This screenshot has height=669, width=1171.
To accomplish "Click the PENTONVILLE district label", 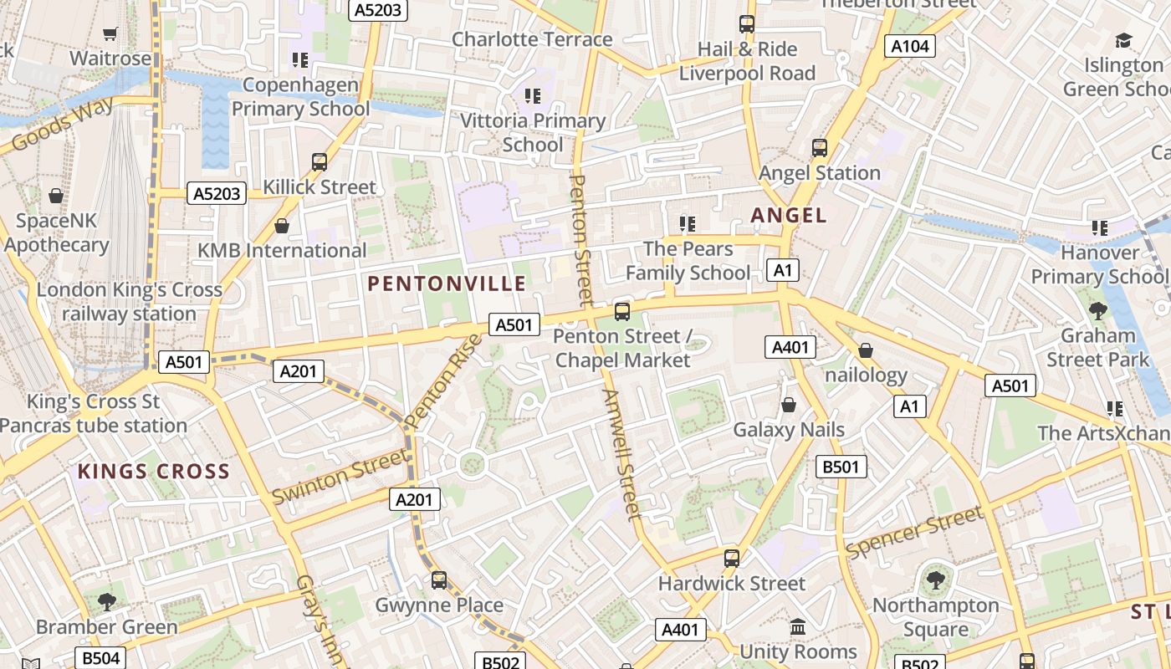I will tap(447, 283).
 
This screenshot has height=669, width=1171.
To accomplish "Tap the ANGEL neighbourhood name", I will tap(789, 215).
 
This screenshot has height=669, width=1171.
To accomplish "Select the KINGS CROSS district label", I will tap(154, 471).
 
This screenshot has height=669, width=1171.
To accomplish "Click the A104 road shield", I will tap(909, 46).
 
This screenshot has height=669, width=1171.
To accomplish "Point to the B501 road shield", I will tap(841, 467).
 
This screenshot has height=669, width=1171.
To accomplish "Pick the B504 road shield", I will tap(100, 658).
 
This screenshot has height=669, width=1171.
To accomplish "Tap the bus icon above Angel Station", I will tap(820, 148).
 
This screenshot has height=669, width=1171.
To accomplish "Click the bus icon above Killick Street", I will tap(319, 161).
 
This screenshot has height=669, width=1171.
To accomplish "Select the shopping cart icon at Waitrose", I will tap(110, 33).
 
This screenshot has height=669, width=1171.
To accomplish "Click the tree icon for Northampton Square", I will tap(935, 580).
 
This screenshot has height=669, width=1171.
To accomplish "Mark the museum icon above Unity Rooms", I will tap(797, 626).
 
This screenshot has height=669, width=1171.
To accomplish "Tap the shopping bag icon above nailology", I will tap(866, 350).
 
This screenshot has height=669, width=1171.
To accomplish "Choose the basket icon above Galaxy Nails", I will tap(788, 405).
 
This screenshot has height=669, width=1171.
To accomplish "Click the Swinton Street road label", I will tap(340, 476).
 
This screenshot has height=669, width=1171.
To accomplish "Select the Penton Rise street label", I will tap(443, 380).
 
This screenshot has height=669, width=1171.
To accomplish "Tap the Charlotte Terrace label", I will tap(532, 39).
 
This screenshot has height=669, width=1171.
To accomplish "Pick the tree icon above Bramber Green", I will tap(106, 601).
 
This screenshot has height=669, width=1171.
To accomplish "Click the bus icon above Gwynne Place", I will tap(439, 580).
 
